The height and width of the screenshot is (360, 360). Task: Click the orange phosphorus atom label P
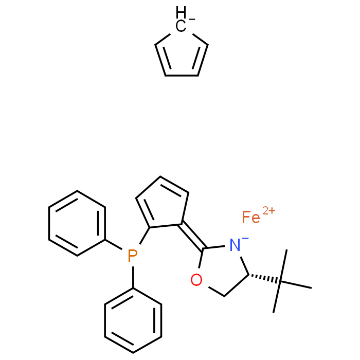pos(133,256)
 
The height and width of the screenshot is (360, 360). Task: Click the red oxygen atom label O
pos(196,280)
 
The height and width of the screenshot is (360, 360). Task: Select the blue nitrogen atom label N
pos(235,245)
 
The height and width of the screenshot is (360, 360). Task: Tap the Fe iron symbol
pos(251,217)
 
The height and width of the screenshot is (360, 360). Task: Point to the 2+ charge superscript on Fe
pos(269,210)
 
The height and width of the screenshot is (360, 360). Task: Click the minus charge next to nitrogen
pos(245,239)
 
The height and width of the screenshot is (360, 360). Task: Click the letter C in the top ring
pos(181,26)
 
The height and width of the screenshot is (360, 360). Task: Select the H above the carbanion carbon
pos(181,12)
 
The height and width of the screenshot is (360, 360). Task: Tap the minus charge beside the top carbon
pos(192,20)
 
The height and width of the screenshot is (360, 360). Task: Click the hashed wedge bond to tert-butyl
pos(264,278)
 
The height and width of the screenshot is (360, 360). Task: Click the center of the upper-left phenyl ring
pos(77,223)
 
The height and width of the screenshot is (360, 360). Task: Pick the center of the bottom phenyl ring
pos(133,320)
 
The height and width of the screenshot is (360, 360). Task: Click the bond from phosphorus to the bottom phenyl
pos(133,277)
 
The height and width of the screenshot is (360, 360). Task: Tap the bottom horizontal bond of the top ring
pos(182,76)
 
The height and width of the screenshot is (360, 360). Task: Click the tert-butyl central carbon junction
pos(280,281)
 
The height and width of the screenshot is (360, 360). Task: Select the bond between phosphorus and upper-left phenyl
pos(114,244)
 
